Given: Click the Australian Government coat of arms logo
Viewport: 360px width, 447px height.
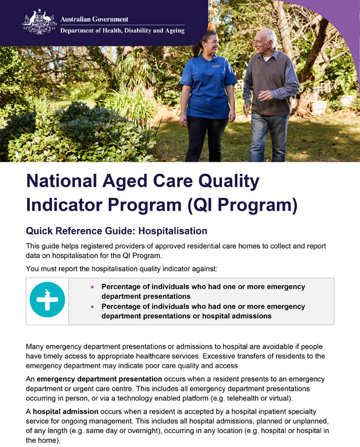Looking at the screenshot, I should point(39,22).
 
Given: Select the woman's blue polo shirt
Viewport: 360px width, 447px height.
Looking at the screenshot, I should point(207,85).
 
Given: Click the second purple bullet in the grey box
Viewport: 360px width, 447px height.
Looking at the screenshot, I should point(92,307).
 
